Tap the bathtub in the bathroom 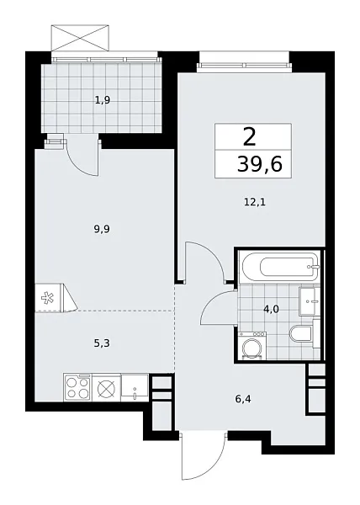pos(277,267)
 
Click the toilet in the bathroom pos(300,335)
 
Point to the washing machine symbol pos(251,347)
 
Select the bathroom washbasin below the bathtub pos(308,299)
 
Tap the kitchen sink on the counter pos(135,388)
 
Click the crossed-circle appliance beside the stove pos(106,388)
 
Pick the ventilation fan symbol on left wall pos(46,297)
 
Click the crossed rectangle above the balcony pos(81,38)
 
